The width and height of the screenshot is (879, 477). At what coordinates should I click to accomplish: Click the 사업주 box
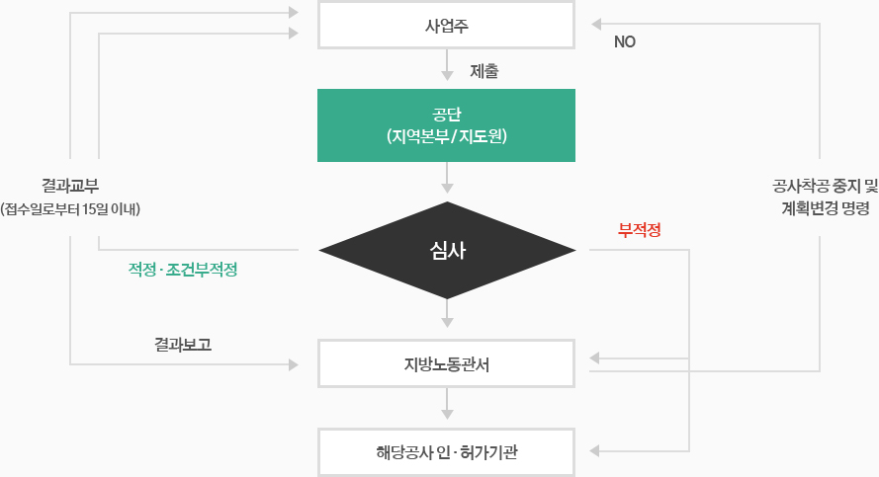(446, 26)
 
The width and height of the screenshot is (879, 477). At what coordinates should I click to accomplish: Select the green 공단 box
(446, 125)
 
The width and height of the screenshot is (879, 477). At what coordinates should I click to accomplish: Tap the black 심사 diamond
(447, 250)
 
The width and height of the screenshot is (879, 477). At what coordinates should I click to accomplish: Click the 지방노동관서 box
(446, 363)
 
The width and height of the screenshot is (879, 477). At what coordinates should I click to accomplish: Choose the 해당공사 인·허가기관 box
(446, 452)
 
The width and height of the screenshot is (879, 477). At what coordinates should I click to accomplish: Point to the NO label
(625, 42)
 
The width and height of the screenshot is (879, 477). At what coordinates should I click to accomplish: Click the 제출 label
(483, 71)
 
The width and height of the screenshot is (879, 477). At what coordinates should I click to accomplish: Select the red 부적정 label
(639, 230)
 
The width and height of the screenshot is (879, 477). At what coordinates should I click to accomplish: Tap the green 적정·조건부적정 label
(183, 270)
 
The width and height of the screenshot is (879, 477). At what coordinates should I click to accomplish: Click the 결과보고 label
(183, 345)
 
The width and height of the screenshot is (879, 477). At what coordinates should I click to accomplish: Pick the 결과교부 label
(70, 186)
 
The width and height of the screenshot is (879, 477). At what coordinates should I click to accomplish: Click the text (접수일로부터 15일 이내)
(70, 209)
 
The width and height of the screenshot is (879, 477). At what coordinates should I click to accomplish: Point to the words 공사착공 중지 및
(826, 186)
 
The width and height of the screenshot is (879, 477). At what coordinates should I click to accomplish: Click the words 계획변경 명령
(826, 208)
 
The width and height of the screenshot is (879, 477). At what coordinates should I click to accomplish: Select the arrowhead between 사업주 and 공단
(447, 76)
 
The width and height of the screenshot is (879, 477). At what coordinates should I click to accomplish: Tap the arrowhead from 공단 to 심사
(447, 188)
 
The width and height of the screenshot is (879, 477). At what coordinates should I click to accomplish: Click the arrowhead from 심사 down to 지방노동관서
(447, 322)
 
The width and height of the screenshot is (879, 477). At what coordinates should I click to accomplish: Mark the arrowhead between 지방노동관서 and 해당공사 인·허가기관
(447, 415)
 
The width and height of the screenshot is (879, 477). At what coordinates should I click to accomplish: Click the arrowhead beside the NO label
(596, 24)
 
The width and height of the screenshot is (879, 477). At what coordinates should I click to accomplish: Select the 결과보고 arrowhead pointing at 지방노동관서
(294, 365)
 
